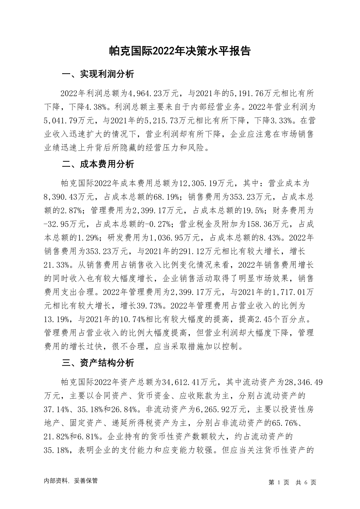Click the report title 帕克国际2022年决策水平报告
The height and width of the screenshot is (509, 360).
point(180,51)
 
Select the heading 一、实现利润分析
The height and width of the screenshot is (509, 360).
point(98,74)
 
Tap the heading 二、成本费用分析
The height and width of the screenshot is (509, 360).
point(98,164)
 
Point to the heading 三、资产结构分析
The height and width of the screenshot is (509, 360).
point(98,363)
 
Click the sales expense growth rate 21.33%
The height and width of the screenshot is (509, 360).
point(57,265)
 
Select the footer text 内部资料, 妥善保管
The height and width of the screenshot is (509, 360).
point(71,481)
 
